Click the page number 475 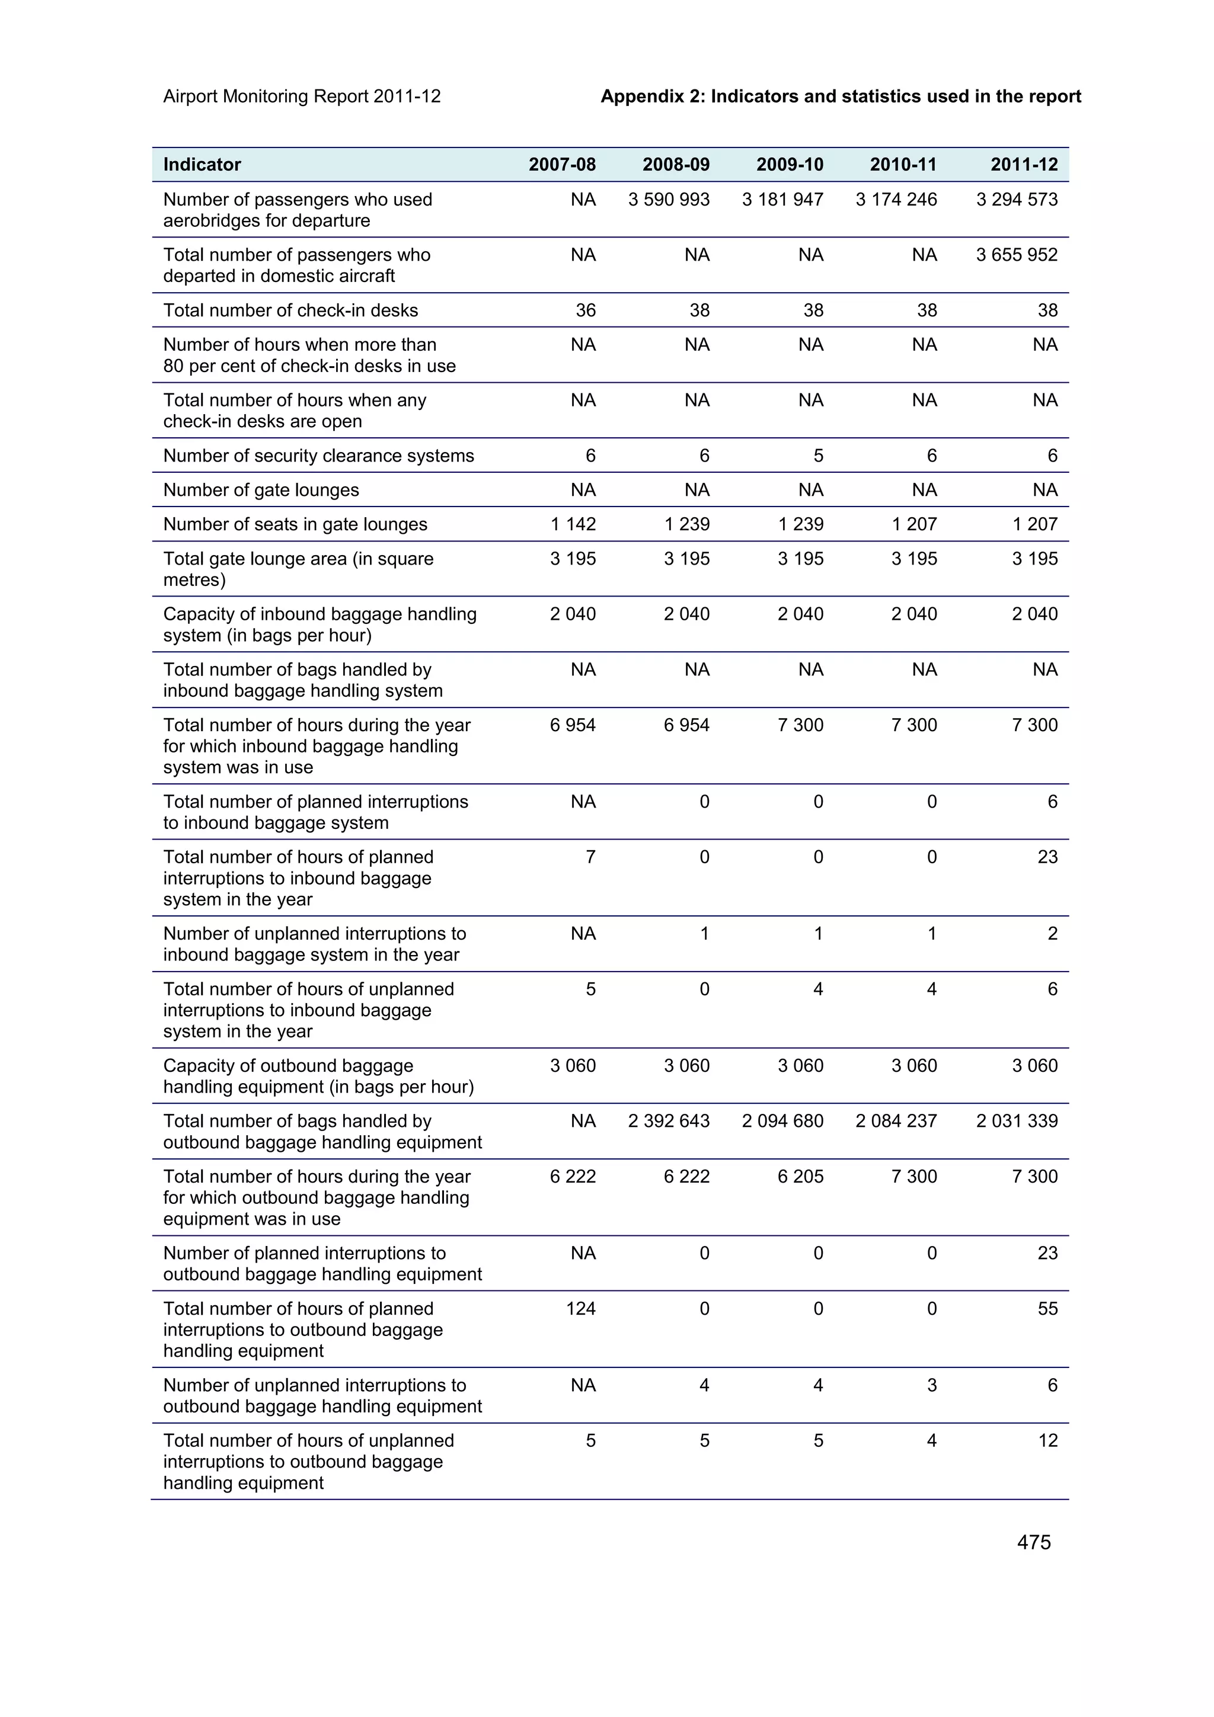tap(1033, 1542)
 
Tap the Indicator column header tap(202, 165)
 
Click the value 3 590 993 tap(668, 200)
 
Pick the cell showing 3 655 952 tap(1016, 255)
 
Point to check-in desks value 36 tap(585, 310)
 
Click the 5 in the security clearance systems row tap(817, 456)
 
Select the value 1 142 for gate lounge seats tap(573, 524)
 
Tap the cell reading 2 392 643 tap(668, 1121)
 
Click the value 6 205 tap(800, 1176)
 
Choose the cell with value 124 tap(580, 1309)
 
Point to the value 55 tap(1047, 1309)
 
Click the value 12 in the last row tap(1047, 1440)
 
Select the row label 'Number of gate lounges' tap(261, 490)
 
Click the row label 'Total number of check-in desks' tap(290, 310)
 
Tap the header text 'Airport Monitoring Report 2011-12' tap(302, 97)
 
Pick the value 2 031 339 tap(1016, 1121)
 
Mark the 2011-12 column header tap(1023, 165)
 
